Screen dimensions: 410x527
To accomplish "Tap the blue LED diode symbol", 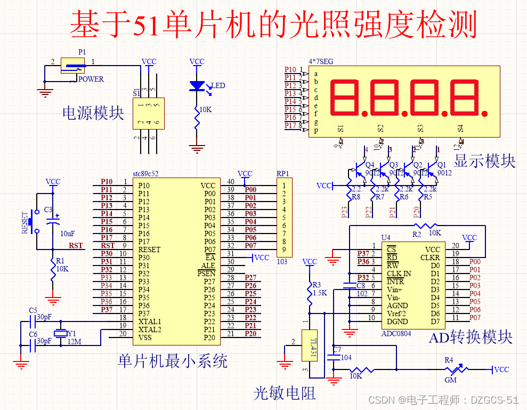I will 198,85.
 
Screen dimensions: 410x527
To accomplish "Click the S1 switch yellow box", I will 149,114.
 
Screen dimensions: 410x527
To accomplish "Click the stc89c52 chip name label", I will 145,174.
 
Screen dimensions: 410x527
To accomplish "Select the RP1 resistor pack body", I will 285,218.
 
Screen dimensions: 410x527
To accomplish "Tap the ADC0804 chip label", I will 396,333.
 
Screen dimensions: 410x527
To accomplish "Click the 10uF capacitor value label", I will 67,234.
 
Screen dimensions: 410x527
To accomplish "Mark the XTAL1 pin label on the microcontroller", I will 150,321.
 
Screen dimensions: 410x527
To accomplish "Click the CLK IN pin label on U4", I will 399,274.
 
